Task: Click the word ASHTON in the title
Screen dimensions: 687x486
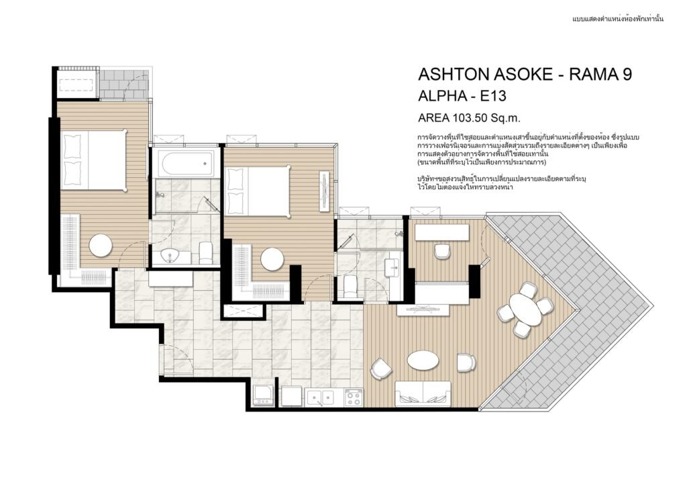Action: [x=454, y=75]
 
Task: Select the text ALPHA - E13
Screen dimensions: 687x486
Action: [x=462, y=96]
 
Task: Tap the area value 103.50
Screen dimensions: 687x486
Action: [x=469, y=117]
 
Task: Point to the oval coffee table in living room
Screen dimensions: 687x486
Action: [x=423, y=360]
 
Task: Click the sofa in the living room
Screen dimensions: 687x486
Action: [x=423, y=393]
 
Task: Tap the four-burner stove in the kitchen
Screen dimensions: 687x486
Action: [x=354, y=397]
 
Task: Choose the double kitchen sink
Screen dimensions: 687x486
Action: [x=320, y=397]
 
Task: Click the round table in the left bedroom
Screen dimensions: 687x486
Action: [x=102, y=246]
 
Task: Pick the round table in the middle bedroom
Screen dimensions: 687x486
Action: [x=272, y=259]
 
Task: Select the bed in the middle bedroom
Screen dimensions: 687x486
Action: [x=258, y=191]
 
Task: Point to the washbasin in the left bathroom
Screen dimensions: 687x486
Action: [x=169, y=256]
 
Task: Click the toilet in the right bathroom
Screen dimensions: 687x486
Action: [x=351, y=286]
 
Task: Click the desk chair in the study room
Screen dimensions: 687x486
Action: [x=441, y=250]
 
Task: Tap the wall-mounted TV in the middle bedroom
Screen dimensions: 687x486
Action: [x=325, y=191]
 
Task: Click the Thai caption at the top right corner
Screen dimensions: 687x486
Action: [x=618, y=19]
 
